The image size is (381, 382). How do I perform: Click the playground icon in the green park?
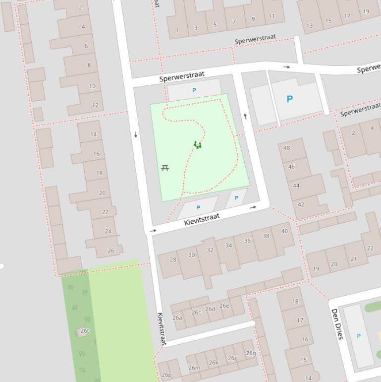coord(198,145)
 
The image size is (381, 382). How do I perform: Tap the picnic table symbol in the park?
coord(165,168)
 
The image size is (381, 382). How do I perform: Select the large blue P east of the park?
coord(289,99)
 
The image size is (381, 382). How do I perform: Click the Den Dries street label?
coord(337,324)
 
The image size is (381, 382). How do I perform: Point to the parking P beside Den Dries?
coord(359,336)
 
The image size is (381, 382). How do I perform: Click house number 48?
coord(287,148)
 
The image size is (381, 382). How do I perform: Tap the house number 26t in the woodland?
coord(85,331)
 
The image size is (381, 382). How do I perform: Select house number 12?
coord(95,105)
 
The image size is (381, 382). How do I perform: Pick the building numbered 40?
coord(284,231)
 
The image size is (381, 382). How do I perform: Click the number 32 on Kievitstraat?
coord(210,250)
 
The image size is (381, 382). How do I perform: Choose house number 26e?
coord(224,306)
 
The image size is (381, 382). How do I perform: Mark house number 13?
coord(310,26)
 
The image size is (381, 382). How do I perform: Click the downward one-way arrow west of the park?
coord(136,134)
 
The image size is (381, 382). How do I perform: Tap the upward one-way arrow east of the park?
coord(245,117)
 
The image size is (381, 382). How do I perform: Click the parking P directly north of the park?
coord(194,90)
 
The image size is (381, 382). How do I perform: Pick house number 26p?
coord(166,375)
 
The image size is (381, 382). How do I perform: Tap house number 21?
coord(354,259)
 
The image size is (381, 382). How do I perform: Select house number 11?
coord(272,16)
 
